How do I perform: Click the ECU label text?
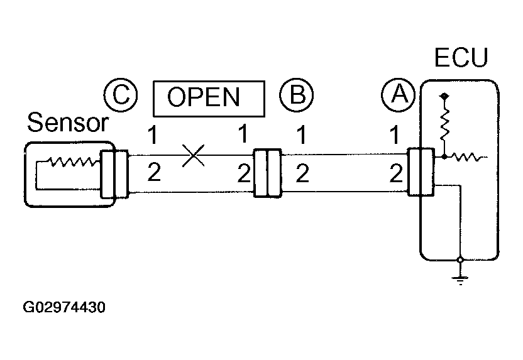point(461,57)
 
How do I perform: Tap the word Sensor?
point(68,123)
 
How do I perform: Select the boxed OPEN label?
point(209,99)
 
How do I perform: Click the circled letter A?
point(399,95)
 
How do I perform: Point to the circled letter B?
point(297,95)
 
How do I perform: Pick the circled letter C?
point(121,95)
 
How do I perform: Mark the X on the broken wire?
point(194,155)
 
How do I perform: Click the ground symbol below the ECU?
point(460,281)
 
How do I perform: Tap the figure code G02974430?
point(64,307)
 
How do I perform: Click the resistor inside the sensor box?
point(73,161)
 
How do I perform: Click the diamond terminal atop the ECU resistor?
point(444,97)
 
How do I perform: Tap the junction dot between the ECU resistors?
point(444,156)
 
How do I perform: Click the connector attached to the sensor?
point(114,174)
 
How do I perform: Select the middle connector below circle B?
point(268,173)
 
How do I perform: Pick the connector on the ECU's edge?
point(421,172)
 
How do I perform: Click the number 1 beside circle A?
point(395,134)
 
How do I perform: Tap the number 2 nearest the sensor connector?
point(154,173)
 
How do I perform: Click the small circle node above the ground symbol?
point(460,259)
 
